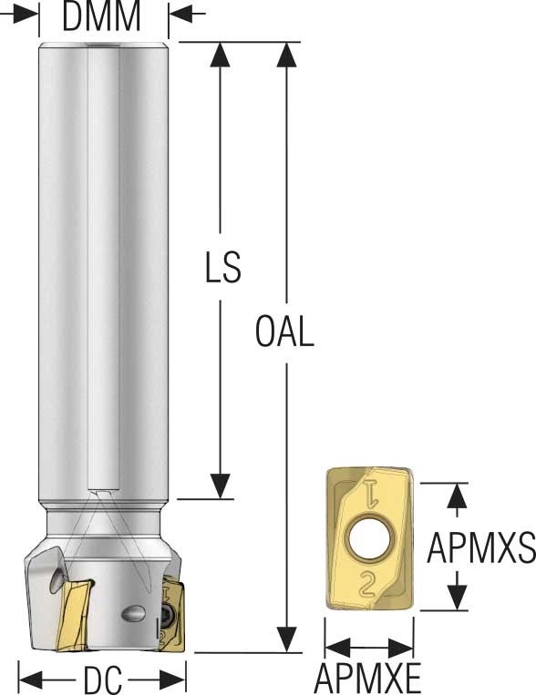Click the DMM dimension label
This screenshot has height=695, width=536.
tap(102, 15)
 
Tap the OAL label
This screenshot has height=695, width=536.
tap(284, 332)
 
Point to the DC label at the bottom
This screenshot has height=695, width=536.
tap(103, 680)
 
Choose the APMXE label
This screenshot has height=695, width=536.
tap(368, 679)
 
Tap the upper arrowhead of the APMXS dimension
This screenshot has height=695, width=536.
tap(459, 495)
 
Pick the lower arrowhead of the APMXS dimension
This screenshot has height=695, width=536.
tap(459, 598)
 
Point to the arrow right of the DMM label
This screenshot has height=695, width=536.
tap(184, 14)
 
